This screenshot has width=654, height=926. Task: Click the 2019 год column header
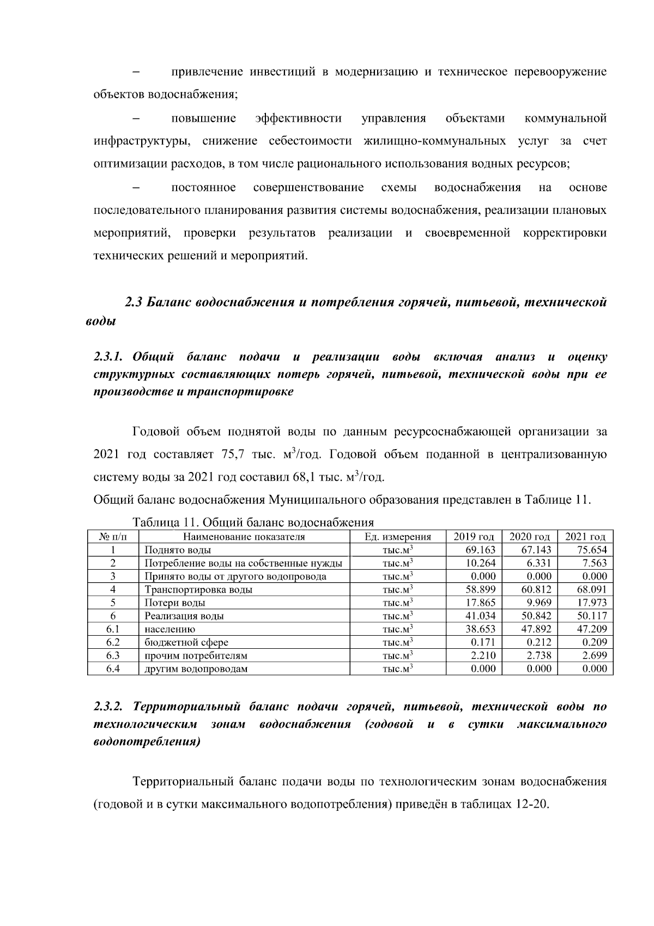[x=474, y=536]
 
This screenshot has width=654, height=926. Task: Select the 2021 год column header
[x=585, y=536]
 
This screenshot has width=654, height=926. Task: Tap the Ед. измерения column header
[x=397, y=536]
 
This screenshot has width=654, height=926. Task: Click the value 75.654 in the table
[x=591, y=550]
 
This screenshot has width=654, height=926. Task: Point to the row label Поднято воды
[x=178, y=550]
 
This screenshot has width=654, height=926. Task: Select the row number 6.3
[x=113, y=655]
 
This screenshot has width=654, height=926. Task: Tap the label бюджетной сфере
[x=186, y=642]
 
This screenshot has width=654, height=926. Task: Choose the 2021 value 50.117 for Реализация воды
[x=591, y=616]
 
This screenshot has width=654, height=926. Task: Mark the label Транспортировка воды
[x=198, y=590]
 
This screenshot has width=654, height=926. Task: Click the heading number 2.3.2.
[x=110, y=707]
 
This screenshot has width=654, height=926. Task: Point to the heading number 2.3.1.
[x=110, y=357]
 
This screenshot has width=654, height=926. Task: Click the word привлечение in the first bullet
[x=204, y=73]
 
